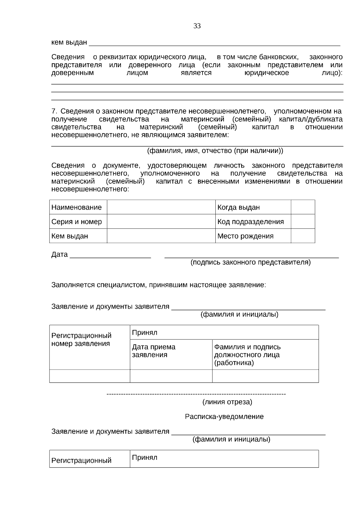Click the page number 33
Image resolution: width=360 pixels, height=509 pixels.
tap(197, 26)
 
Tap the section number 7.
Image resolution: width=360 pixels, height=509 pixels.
tap(54, 112)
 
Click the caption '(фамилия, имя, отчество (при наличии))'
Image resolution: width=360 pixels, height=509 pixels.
tap(215, 151)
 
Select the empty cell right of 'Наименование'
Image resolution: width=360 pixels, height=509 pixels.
tap(161, 207)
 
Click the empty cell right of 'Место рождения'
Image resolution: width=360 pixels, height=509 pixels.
tap(303, 236)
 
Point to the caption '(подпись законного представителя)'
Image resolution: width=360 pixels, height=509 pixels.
tap(251, 262)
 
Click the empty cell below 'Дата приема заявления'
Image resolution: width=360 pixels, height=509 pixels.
tap(171, 376)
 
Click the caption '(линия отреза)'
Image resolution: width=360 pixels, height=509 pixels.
tap(227, 402)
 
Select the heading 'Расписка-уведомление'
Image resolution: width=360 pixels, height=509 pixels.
tap(224, 417)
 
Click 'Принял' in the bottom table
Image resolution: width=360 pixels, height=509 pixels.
tap(145, 457)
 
